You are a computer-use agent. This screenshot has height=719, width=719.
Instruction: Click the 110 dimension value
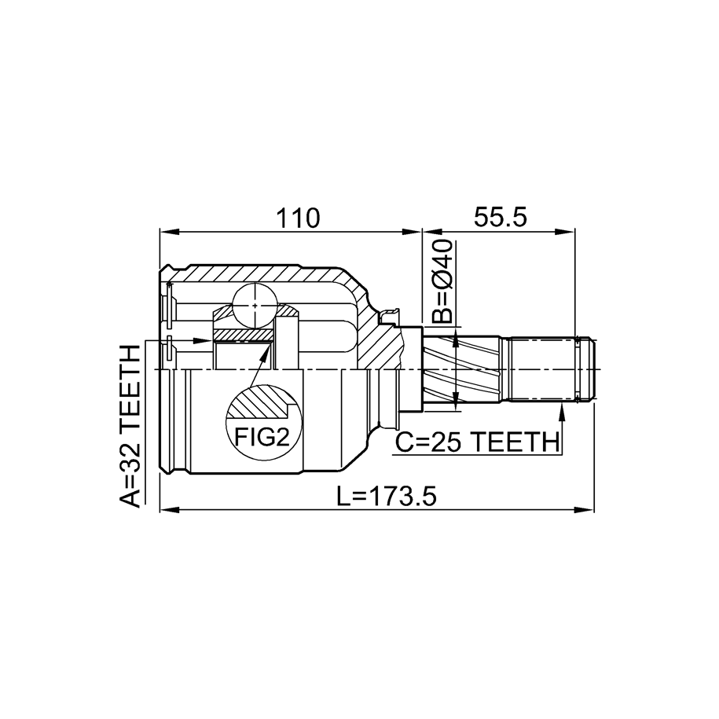click(297, 218)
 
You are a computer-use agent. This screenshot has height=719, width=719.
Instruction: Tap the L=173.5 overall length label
click(386, 496)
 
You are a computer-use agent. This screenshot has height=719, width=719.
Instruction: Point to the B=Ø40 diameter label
click(442, 281)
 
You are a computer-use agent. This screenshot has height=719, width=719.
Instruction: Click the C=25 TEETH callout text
click(478, 442)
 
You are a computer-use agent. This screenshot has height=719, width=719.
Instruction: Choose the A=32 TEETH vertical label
click(130, 427)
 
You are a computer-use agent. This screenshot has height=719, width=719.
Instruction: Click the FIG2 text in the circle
click(262, 437)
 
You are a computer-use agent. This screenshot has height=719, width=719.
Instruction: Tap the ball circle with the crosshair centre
click(255, 305)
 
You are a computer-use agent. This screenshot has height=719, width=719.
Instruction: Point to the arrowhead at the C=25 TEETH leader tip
click(561, 409)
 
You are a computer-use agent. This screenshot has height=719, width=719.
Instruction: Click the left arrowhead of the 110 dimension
click(168, 232)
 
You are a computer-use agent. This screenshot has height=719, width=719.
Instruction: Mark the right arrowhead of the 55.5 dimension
click(565, 232)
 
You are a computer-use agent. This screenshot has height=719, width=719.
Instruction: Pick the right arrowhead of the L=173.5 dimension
click(585, 509)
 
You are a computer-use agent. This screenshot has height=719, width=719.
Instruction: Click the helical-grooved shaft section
click(460, 369)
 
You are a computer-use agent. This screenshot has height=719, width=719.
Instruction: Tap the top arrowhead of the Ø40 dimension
click(455, 339)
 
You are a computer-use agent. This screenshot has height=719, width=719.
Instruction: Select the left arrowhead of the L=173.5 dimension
click(169, 509)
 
